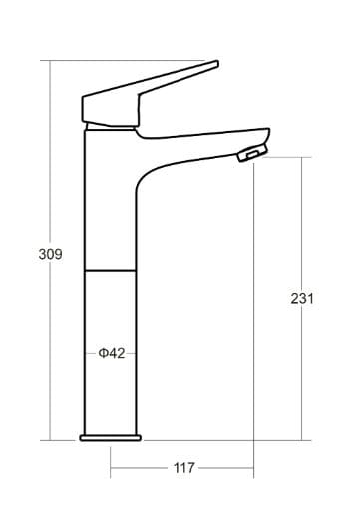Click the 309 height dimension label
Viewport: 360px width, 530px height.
[x=50, y=254]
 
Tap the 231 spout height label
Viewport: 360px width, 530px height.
[x=302, y=299]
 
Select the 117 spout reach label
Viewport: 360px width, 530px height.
[x=184, y=468]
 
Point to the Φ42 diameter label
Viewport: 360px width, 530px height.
[x=112, y=353]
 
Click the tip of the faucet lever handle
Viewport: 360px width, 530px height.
[x=217, y=64]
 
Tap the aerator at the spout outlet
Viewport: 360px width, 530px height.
[x=252, y=153]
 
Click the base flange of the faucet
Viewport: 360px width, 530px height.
[x=111, y=438]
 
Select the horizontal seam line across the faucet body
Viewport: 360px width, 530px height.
[x=110, y=271]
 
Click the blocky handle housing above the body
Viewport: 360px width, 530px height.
[x=111, y=109]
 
